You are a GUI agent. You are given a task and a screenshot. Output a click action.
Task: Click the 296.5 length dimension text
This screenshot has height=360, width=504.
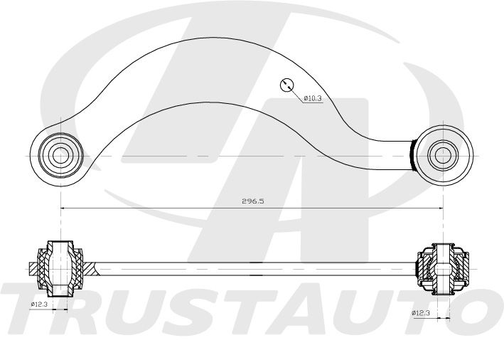[252, 201]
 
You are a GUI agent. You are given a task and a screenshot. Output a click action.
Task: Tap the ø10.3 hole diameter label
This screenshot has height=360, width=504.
[313, 98]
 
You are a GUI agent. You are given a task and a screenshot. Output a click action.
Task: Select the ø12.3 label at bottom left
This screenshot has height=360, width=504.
[39, 304]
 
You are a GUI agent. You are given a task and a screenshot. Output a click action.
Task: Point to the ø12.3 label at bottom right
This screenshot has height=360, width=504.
[421, 313]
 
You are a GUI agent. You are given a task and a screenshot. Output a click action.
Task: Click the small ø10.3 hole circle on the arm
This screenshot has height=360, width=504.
[286, 85]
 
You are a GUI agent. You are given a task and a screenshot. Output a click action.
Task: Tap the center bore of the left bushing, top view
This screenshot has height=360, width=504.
[60, 155]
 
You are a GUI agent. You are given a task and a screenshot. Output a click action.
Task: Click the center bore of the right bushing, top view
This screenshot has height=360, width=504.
[443, 155]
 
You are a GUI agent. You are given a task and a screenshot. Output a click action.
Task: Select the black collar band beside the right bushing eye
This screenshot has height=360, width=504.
[412, 155]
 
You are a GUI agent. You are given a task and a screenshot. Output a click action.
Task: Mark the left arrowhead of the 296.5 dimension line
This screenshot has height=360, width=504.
[63, 208]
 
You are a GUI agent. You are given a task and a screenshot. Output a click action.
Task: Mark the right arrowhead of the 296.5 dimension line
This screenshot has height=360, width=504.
[440, 208]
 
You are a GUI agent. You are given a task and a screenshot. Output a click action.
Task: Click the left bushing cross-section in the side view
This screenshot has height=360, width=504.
[60, 269]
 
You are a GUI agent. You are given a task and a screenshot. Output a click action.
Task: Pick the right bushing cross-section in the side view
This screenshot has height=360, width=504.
[443, 269]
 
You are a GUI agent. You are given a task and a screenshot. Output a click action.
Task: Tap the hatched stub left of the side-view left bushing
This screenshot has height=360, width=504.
[33, 269]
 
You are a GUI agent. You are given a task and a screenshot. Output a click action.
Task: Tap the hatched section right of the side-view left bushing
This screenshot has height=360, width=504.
[90, 269]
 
